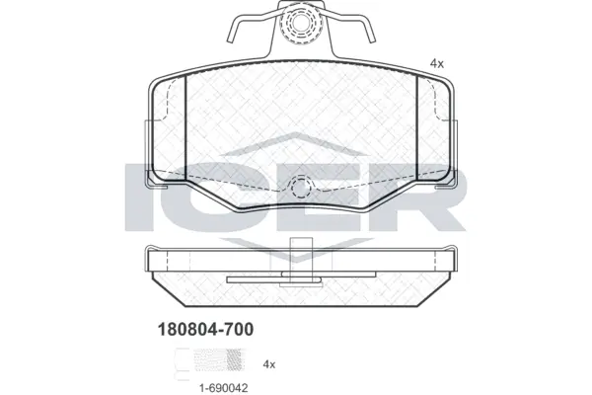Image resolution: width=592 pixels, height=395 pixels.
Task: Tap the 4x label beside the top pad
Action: point(437,63)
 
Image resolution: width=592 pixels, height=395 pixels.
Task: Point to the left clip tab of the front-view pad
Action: point(150,178)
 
